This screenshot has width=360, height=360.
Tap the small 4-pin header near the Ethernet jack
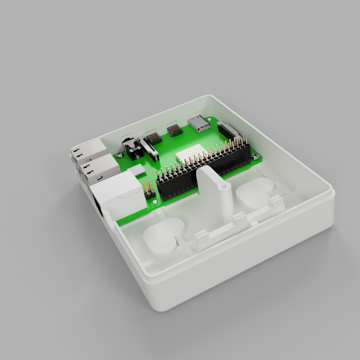[x=148, y=188]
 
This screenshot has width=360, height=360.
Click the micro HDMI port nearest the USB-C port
[x=174, y=130]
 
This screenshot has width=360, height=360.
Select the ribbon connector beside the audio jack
[x=149, y=149]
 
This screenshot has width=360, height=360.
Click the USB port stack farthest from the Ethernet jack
[x=87, y=149]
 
